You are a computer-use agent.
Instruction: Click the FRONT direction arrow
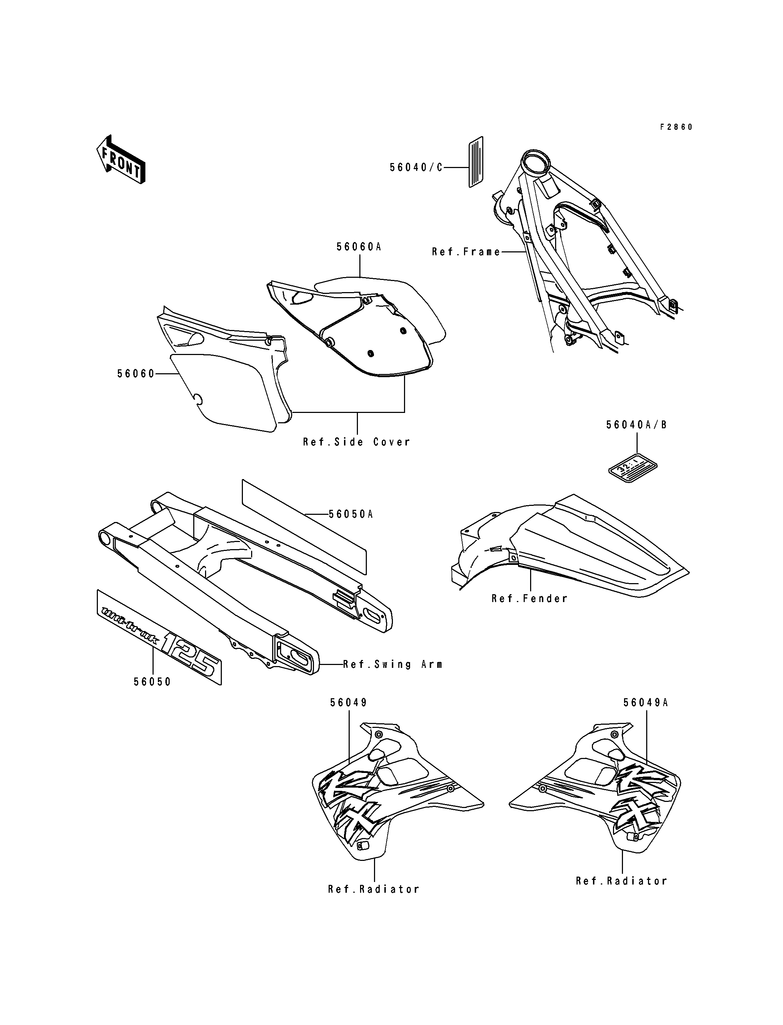click(121, 159)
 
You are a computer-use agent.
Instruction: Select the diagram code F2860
click(676, 127)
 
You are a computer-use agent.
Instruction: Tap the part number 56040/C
click(416, 167)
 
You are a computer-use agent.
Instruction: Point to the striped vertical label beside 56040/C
click(475, 162)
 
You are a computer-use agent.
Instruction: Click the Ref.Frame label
click(466, 252)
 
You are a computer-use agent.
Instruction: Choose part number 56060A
click(359, 247)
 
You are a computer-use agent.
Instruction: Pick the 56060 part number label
click(136, 374)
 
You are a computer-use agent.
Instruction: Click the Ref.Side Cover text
click(356, 442)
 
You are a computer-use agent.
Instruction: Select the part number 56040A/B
click(637, 425)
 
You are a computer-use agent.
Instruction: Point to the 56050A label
click(351, 514)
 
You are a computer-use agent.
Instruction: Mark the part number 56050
click(153, 682)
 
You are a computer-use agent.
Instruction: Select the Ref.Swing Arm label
click(393, 664)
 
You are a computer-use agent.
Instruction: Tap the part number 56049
click(349, 716)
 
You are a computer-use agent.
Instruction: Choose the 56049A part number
click(646, 716)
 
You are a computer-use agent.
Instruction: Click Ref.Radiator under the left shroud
click(374, 889)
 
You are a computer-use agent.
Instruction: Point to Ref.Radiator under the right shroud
click(622, 881)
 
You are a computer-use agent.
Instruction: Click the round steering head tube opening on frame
click(535, 163)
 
